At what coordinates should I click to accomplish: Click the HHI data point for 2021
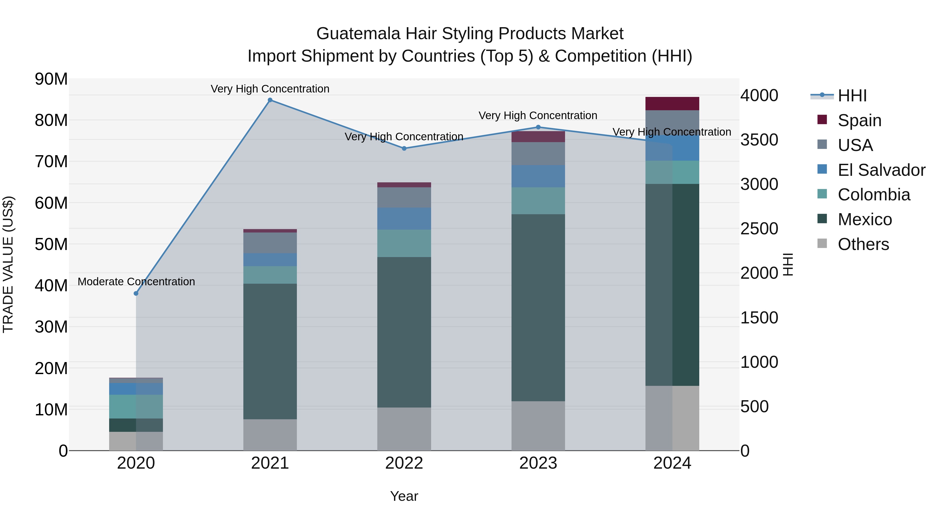[x=270, y=100]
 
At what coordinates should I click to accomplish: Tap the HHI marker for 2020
[x=136, y=294]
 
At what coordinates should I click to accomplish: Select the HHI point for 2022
[x=404, y=149]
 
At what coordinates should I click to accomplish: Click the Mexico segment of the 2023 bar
[x=538, y=307]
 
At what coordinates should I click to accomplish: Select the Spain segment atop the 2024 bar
[x=672, y=104]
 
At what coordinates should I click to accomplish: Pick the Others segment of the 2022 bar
[x=404, y=429]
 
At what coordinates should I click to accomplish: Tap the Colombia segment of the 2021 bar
[x=270, y=275]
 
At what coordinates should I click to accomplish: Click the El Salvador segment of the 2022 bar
[x=404, y=219]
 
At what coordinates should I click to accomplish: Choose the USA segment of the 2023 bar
[x=538, y=154]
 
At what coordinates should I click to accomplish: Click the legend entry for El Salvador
[x=881, y=170]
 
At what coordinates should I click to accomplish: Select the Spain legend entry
[x=859, y=120]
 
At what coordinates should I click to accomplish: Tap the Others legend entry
[x=863, y=244]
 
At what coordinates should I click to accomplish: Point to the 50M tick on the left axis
[x=51, y=244]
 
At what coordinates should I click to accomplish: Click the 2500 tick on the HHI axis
[x=759, y=229]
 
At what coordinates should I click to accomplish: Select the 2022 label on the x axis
[x=404, y=463]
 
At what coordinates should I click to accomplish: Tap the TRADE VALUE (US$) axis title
[x=8, y=264]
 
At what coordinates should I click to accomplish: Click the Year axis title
[x=404, y=496]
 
